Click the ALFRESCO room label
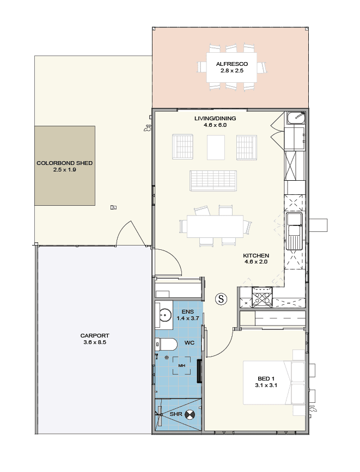click(x=231, y=64)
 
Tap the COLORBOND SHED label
click(x=64, y=163)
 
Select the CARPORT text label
click(x=95, y=335)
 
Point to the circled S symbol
click(x=221, y=299)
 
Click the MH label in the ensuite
click(x=181, y=365)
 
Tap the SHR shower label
click(x=176, y=414)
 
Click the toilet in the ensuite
click(x=166, y=344)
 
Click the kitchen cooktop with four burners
click(x=262, y=297)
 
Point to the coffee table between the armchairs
click(x=216, y=148)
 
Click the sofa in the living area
click(x=213, y=181)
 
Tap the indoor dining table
click(x=215, y=226)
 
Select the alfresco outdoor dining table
click(x=231, y=68)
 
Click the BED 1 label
click(x=266, y=379)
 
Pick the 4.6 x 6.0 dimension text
click(x=215, y=125)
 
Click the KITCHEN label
click(x=256, y=255)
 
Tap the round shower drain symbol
click(x=190, y=414)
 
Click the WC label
click(x=190, y=342)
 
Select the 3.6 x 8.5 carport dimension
click(x=95, y=342)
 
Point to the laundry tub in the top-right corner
click(x=296, y=118)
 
